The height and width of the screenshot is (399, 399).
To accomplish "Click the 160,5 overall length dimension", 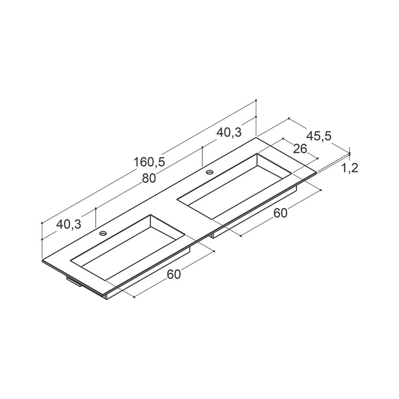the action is (x=149, y=162).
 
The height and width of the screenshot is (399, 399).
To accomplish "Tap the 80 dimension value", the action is (x=149, y=178).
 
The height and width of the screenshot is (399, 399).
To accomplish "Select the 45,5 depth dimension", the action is (x=319, y=136).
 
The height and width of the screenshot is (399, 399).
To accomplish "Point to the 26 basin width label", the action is (x=300, y=149).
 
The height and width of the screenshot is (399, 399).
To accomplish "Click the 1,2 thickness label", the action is (x=350, y=168).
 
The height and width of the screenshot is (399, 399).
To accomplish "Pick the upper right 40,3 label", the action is (x=229, y=132).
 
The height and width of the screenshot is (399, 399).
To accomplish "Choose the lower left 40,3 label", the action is (x=69, y=224).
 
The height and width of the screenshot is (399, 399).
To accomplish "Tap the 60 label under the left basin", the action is (x=174, y=275).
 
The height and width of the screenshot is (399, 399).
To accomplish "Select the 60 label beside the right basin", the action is (x=280, y=213).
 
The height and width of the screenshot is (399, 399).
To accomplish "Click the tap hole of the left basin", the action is (x=103, y=233).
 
